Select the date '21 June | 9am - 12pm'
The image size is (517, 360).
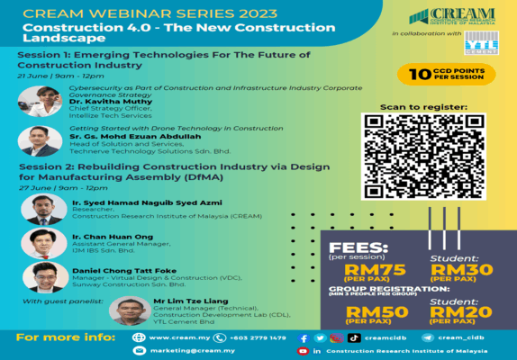tap(54, 78)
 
